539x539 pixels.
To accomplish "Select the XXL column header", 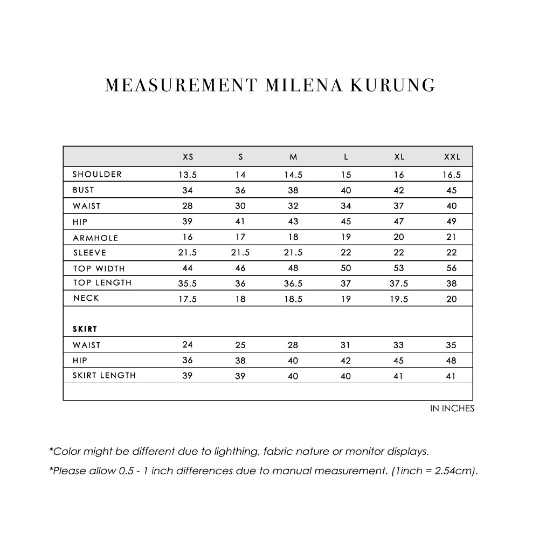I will pyautogui.click(x=452, y=157).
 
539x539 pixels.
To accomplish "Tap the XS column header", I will pyautogui.click(x=188, y=157).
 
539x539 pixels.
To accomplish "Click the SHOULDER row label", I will pyautogui.click(x=98, y=174).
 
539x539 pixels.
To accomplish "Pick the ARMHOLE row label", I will pyautogui.click(x=95, y=238).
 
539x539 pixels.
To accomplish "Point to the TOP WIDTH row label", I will pyautogui.click(x=99, y=268).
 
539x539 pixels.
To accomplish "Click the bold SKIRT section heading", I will pyautogui.click(x=85, y=328).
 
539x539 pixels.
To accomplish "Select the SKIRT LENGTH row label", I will pyautogui.click(x=104, y=375).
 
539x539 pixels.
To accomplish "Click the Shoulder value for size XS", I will pyautogui.click(x=188, y=175).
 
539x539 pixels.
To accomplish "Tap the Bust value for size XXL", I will pyautogui.click(x=452, y=190).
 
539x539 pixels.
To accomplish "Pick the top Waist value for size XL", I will pyautogui.click(x=399, y=206).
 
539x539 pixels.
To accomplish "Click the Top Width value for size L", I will pyautogui.click(x=346, y=268).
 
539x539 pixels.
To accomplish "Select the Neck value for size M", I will pyautogui.click(x=293, y=299).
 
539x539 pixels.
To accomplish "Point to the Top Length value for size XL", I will pyautogui.click(x=399, y=284).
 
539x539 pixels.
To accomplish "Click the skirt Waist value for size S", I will pyautogui.click(x=240, y=345).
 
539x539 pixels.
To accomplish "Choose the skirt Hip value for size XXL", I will pyautogui.click(x=452, y=361).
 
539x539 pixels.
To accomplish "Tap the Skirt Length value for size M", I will pyautogui.click(x=293, y=376).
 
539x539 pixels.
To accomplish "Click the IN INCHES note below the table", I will pyautogui.click(x=452, y=409).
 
